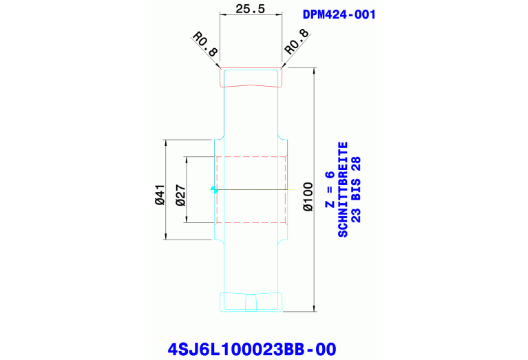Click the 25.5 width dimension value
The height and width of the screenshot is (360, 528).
(250, 9)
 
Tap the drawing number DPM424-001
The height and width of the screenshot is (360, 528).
(339, 14)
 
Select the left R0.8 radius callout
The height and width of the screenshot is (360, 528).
(205, 44)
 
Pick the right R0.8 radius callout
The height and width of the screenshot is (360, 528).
(297, 42)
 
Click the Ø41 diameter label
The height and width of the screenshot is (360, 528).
(160, 194)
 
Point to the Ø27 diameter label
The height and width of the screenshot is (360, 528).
(180, 195)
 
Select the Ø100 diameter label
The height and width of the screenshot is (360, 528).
(308, 197)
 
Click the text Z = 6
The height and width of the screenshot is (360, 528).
(329, 189)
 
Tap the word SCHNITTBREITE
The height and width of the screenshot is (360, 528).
(342, 189)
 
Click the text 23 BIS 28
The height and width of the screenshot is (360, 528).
(356, 189)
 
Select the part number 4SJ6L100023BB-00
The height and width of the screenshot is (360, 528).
(252, 349)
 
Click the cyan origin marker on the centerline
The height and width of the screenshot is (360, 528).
(214, 190)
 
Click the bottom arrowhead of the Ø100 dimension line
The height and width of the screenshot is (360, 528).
(315, 308)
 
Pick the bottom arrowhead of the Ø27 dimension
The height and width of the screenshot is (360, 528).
(186, 220)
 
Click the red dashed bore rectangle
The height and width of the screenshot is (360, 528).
(251, 156)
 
